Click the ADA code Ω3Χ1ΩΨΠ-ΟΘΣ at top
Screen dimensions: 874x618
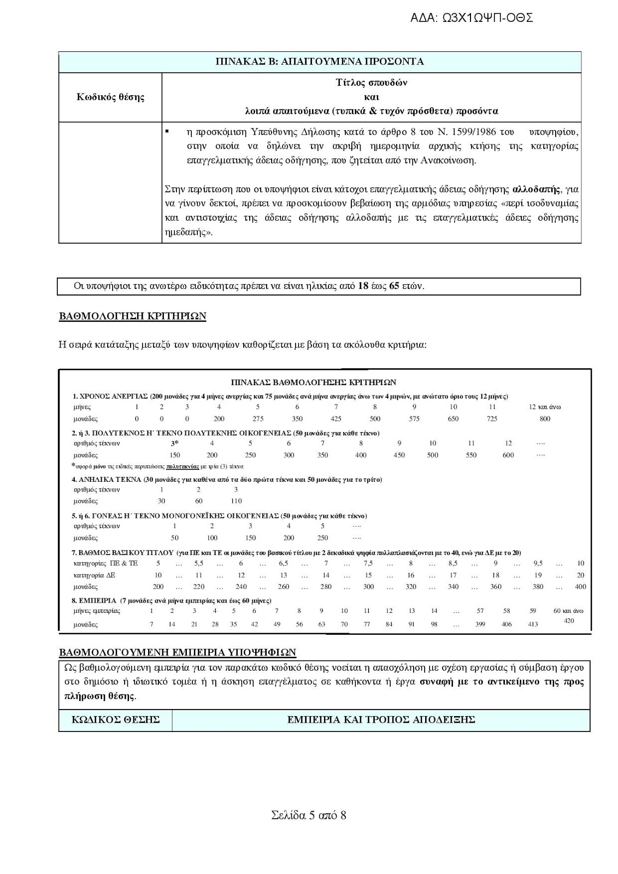[x=471, y=18]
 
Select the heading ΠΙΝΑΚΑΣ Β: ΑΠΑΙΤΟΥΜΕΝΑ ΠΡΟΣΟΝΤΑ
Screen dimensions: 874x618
[x=320, y=61]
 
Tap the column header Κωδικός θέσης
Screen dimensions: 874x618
[x=110, y=97]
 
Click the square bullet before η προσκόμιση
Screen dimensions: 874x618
[x=167, y=132]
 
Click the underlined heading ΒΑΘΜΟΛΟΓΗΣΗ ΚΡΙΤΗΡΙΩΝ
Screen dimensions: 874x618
[x=132, y=316]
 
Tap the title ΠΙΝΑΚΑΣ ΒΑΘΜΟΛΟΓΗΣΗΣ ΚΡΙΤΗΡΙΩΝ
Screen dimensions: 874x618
[x=313, y=382]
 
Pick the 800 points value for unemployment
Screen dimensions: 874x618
[x=544, y=419]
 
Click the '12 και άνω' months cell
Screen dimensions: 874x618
[x=544, y=407]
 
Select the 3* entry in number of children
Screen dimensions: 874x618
[x=175, y=443]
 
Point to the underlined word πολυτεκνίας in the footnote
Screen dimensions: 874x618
[x=183, y=467]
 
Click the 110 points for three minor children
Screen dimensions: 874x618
[x=236, y=501]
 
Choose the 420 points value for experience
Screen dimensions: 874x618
[x=568, y=621]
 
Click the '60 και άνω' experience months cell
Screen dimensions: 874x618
[x=568, y=611]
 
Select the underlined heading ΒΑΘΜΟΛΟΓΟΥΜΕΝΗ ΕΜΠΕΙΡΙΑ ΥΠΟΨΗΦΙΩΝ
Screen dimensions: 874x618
[x=177, y=652]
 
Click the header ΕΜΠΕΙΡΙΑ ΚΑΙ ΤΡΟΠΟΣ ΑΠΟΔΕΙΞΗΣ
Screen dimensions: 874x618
[x=381, y=720]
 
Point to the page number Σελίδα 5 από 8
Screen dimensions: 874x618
[x=309, y=816]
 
